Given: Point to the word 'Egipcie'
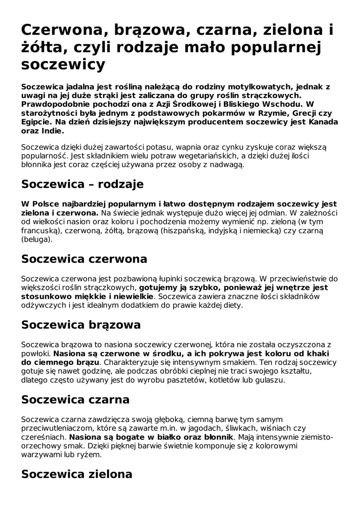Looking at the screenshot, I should [x=36, y=122].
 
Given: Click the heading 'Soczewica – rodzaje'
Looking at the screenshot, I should [x=83, y=184].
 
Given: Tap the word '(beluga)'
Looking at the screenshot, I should [x=36, y=240].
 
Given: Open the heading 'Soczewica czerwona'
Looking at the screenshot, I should [x=85, y=259].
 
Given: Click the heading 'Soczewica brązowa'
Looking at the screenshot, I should [x=81, y=325].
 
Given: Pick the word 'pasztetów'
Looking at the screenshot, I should [x=176, y=380].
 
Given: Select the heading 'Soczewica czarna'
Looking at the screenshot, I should [x=76, y=400].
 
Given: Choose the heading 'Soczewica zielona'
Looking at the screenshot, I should [x=77, y=474].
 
